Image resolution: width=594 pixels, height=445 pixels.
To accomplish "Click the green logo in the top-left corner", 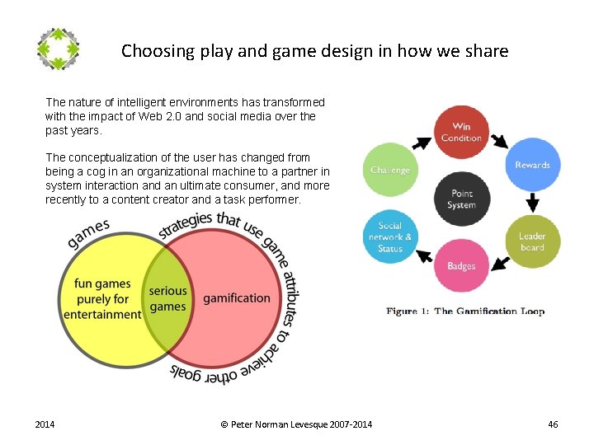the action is point(59,49).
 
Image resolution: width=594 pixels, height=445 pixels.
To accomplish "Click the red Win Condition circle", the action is point(461,133).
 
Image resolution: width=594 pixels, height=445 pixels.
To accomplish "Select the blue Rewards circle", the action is point(532,165).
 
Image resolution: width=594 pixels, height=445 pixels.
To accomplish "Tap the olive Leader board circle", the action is point(532,241).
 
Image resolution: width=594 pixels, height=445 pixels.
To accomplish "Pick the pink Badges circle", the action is point(461,266).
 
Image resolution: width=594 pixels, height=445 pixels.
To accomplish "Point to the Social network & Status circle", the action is point(390,237).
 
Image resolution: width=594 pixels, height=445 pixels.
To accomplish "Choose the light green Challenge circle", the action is point(390,171).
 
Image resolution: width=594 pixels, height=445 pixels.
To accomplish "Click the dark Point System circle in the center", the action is point(461,199).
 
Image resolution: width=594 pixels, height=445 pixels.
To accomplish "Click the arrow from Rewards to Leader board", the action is point(532,202).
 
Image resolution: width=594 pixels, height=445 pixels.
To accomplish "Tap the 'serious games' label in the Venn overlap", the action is point(167,298).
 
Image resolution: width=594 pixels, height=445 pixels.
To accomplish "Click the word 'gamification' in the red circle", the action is point(237,297).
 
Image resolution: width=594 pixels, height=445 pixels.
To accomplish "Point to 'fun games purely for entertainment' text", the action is point(102,299).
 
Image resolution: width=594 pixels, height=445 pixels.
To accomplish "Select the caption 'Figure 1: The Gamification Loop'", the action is point(465,311).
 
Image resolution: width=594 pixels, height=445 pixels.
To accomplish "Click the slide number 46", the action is point(553,424).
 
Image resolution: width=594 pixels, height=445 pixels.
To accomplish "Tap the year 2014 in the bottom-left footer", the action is point(45,424).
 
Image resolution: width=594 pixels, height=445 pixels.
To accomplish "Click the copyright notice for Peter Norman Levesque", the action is point(296,424).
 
